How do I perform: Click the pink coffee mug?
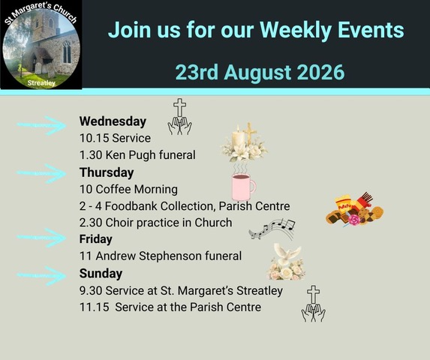[x=243, y=187]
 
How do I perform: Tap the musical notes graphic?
[x=272, y=229]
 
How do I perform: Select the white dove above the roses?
[x=287, y=253]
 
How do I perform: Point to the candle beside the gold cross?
[x=238, y=138]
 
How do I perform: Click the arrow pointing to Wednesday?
[x=41, y=125]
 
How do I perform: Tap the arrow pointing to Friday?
[x=41, y=238]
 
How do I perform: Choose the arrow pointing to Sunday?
[x=41, y=275]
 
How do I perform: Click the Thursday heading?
[x=107, y=172]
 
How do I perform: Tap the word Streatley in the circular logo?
[x=41, y=83]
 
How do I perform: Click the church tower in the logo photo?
[x=45, y=26]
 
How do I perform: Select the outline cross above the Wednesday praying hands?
[x=179, y=107]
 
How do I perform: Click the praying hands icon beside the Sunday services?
[x=314, y=312]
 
